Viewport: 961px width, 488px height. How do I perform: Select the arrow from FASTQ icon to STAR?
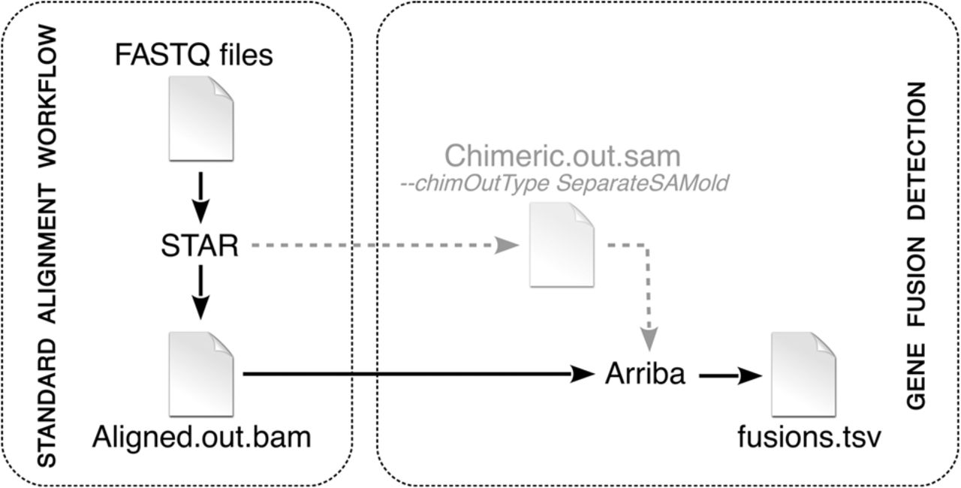200,194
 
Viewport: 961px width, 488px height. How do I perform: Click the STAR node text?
200,245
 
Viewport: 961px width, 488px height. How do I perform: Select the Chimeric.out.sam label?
562,156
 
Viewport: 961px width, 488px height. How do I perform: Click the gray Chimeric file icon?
562,246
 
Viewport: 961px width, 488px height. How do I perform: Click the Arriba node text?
645,374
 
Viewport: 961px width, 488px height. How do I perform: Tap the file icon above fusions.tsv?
803,373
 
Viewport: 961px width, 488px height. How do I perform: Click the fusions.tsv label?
804,437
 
